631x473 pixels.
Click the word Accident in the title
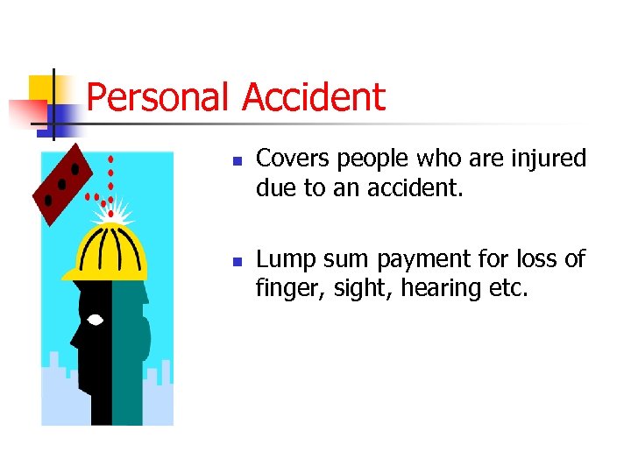313,96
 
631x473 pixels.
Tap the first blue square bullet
237,162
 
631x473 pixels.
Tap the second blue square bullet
237,262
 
